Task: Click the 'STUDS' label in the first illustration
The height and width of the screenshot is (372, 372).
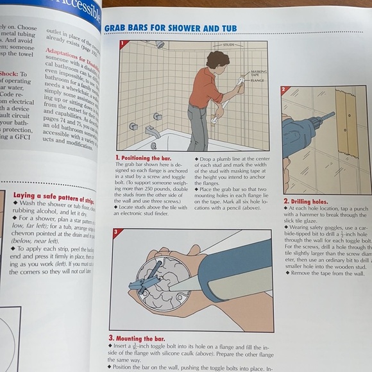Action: click(228, 46)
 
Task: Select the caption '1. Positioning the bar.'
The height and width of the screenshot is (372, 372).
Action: click(143, 157)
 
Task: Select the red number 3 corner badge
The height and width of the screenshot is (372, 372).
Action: click(114, 232)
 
